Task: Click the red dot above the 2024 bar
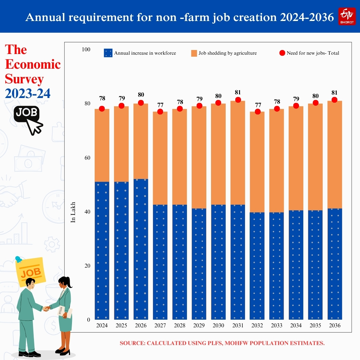point(102,109)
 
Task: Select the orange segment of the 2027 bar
point(160,158)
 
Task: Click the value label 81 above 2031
point(238,92)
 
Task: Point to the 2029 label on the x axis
point(199,326)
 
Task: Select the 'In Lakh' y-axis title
point(74,212)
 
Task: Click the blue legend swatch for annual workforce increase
point(108,53)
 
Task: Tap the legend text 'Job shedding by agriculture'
point(227,53)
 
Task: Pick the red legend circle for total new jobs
point(282,53)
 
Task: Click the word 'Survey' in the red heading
point(24,79)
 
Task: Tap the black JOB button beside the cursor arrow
point(27,113)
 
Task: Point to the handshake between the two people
point(46,309)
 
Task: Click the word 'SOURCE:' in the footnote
point(132,343)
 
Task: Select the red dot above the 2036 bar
point(335,100)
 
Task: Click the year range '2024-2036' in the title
point(307,17)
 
